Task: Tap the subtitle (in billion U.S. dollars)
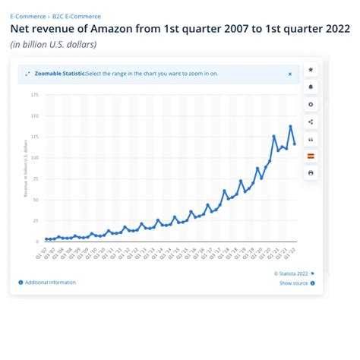[53, 44]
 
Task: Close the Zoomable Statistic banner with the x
[289, 74]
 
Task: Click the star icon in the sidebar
[311, 70]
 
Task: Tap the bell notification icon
[311, 87]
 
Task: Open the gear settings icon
[311, 104]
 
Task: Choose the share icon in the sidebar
[311, 122]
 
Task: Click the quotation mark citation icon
[311, 139]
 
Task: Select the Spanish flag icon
[311, 156]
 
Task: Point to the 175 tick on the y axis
[35, 95]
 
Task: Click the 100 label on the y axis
[35, 158]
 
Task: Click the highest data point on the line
[290, 126]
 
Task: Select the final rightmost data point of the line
[294, 144]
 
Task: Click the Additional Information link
[49, 283]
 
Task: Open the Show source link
[293, 283]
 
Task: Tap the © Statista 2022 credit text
[291, 273]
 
